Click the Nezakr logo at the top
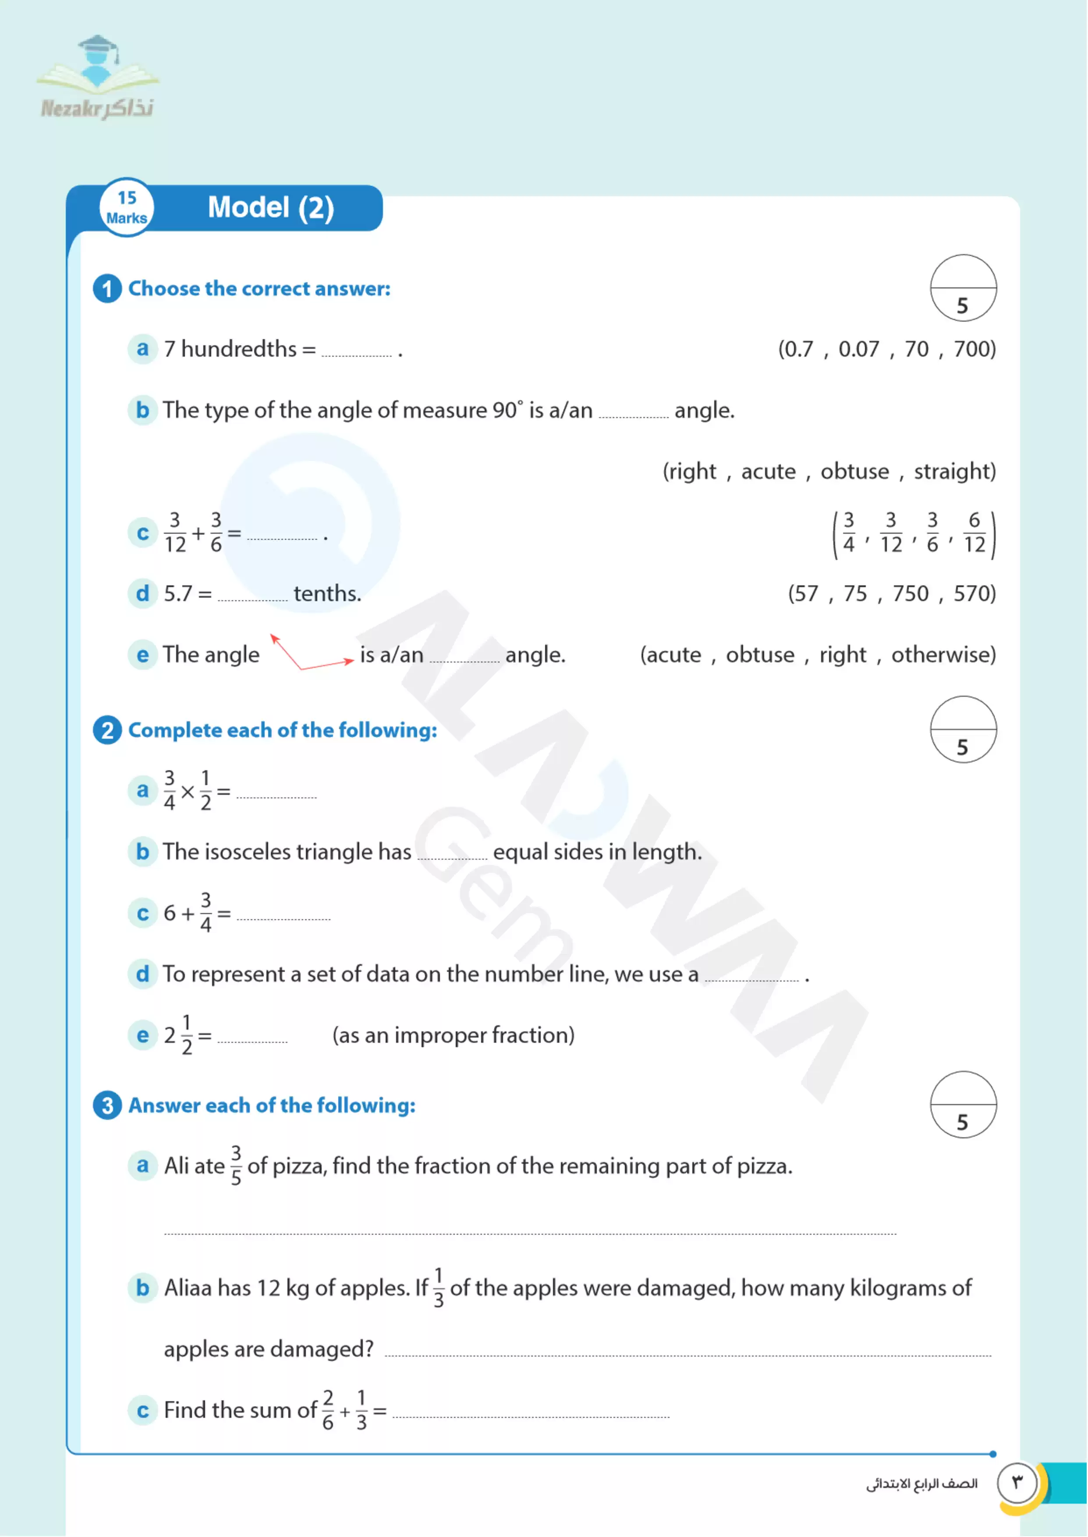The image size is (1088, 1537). tap(98, 78)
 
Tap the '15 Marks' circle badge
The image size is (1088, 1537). tap(127, 208)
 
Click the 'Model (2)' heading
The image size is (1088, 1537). tap(271, 208)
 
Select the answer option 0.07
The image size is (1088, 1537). tap(858, 349)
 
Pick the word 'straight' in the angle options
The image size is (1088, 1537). tap(953, 471)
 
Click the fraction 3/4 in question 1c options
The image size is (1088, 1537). tap(848, 532)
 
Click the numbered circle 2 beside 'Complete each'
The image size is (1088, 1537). tap(107, 730)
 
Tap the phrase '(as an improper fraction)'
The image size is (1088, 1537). tap(453, 1035)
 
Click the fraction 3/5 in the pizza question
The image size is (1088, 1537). tap(236, 1166)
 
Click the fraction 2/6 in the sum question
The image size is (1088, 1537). tap(328, 1410)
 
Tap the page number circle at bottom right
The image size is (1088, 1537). tap(1017, 1483)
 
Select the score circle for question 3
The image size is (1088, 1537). tap(963, 1105)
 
